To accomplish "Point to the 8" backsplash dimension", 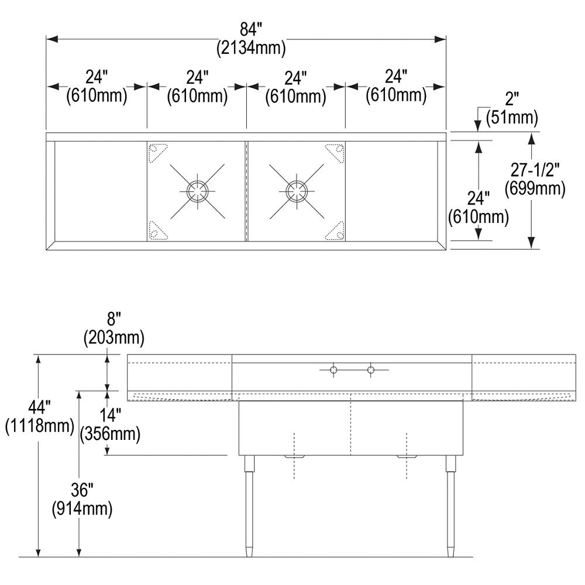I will (113, 319).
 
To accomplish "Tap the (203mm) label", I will (113, 338).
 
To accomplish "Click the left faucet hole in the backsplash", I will (333, 369).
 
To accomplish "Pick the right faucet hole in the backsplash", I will (370, 369).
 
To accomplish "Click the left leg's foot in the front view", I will (249, 550).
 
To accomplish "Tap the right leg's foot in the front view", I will (450, 550).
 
